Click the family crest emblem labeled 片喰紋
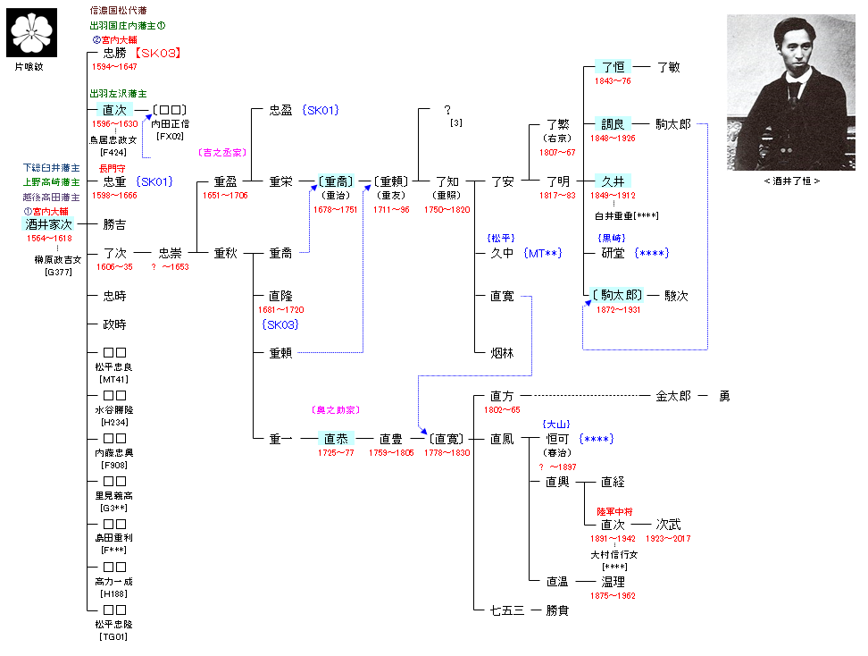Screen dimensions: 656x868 [x=33, y=32]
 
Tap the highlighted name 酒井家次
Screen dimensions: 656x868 [x=50, y=224]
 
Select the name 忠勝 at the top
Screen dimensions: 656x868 [x=114, y=53]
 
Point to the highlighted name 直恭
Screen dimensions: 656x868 [x=336, y=439]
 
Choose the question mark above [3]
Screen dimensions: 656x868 [x=447, y=110]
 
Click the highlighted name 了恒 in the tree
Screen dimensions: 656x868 [x=613, y=67]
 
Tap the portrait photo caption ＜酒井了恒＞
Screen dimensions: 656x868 [x=792, y=181]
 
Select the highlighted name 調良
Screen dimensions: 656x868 [x=613, y=124]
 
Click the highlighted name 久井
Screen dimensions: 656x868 [x=613, y=181]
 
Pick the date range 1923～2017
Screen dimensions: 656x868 [x=669, y=539]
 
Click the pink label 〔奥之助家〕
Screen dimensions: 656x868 [x=336, y=410]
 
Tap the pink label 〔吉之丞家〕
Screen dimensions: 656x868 [x=222, y=153]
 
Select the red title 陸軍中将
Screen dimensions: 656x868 [x=615, y=511]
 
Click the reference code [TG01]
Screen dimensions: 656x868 [x=113, y=637]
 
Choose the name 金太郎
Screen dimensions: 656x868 [x=673, y=395]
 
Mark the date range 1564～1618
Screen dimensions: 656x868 [x=49, y=239]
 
